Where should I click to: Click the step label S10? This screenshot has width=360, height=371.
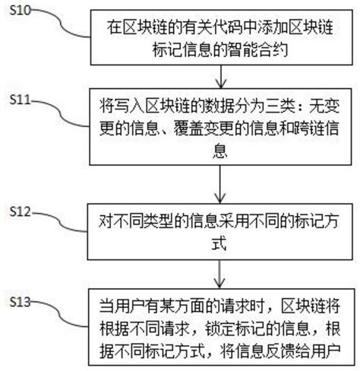pyautogui.click(x=20, y=10)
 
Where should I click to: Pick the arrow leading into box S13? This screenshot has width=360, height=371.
pyautogui.click(x=220, y=271)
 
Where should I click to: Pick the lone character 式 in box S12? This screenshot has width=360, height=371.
pyautogui.click(x=221, y=243)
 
